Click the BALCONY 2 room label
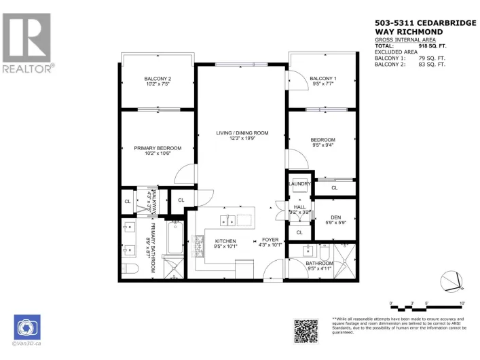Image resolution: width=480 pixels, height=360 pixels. tap(158, 79)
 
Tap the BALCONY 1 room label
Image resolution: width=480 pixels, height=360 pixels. tap(323, 79)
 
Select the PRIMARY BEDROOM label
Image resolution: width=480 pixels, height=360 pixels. tap(158, 148)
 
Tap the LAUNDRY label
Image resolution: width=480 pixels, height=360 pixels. tap(299, 183)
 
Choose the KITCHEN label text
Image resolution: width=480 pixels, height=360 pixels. tap(225, 242)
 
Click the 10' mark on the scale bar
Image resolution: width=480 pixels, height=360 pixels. tap(462, 303)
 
